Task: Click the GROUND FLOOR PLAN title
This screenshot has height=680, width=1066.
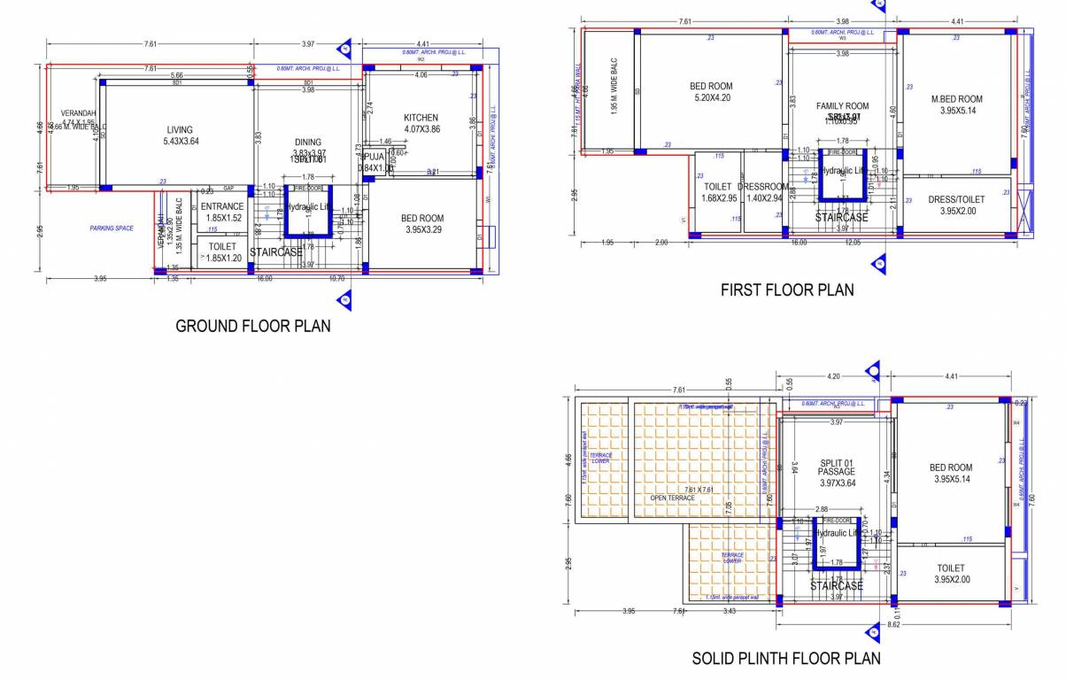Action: point(253,326)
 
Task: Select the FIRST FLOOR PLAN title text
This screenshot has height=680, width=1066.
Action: point(787,290)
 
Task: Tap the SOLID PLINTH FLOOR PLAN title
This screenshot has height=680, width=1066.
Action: point(786,658)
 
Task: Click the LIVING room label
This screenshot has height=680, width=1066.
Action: point(180,130)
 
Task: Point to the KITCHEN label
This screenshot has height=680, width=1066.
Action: point(421,118)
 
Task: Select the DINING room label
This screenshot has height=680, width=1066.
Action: point(308,142)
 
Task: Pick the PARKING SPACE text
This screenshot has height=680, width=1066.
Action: point(112,228)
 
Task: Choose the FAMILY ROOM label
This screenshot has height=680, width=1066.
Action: point(842,106)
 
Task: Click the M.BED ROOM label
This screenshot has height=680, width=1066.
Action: point(956,99)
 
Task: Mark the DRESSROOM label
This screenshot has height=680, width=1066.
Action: point(762,187)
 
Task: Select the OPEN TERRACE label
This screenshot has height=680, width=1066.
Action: point(673,498)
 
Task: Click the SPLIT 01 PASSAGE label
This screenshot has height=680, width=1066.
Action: point(836,467)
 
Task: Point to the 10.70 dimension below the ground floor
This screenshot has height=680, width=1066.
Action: point(336,278)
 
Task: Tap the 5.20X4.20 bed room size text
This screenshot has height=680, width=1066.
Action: point(711,97)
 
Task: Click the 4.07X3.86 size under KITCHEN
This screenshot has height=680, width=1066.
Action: point(421,129)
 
